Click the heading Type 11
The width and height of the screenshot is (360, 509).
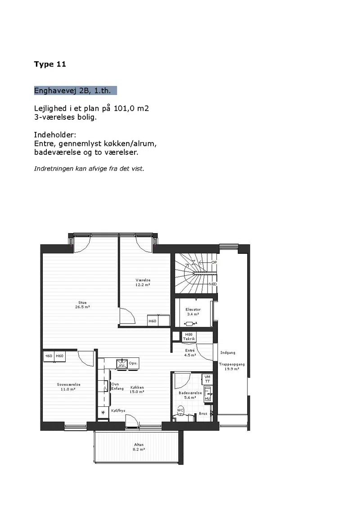click(x=50, y=64)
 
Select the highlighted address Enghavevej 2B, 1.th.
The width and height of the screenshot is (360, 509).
click(x=75, y=90)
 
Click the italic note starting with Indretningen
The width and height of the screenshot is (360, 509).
click(x=89, y=168)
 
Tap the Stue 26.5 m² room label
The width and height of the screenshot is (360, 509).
click(x=82, y=305)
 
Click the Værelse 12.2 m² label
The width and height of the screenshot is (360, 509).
click(x=143, y=283)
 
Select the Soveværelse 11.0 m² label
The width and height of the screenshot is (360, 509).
click(x=68, y=387)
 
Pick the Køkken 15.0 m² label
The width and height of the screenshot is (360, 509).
click(x=137, y=390)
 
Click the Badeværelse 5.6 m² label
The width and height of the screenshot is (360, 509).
click(x=190, y=395)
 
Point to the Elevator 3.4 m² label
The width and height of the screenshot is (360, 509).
click(x=193, y=311)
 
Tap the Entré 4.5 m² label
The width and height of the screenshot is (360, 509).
click(x=190, y=353)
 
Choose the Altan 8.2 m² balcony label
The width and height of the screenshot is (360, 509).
click(x=139, y=447)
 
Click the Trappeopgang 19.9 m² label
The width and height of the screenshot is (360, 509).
click(x=232, y=366)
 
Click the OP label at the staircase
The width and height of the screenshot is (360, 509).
click(x=214, y=262)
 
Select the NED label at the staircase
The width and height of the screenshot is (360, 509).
click(x=212, y=284)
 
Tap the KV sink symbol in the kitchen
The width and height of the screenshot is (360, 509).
click(x=122, y=364)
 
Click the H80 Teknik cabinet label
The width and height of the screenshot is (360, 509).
click(x=189, y=337)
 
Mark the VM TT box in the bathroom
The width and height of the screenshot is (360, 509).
click(x=207, y=379)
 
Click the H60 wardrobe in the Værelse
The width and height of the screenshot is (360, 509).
click(x=152, y=321)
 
